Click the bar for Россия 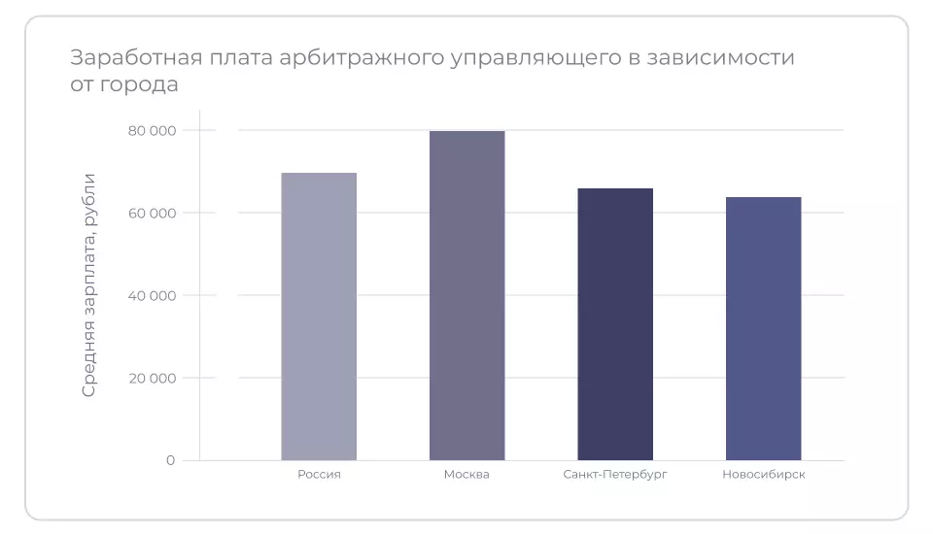[x=319, y=317]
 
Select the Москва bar [x=467, y=295]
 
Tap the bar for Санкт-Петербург [x=615, y=324]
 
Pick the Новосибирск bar [x=764, y=328]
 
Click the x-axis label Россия [x=319, y=475]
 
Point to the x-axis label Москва [x=466, y=475]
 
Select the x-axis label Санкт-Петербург [x=615, y=475]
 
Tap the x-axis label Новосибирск [x=764, y=475]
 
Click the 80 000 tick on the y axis [x=152, y=130]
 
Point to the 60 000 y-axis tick [x=152, y=213]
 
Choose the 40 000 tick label [x=152, y=295]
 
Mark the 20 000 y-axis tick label [x=152, y=378]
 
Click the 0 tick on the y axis [x=170, y=460]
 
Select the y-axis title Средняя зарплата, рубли [x=89, y=284]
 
